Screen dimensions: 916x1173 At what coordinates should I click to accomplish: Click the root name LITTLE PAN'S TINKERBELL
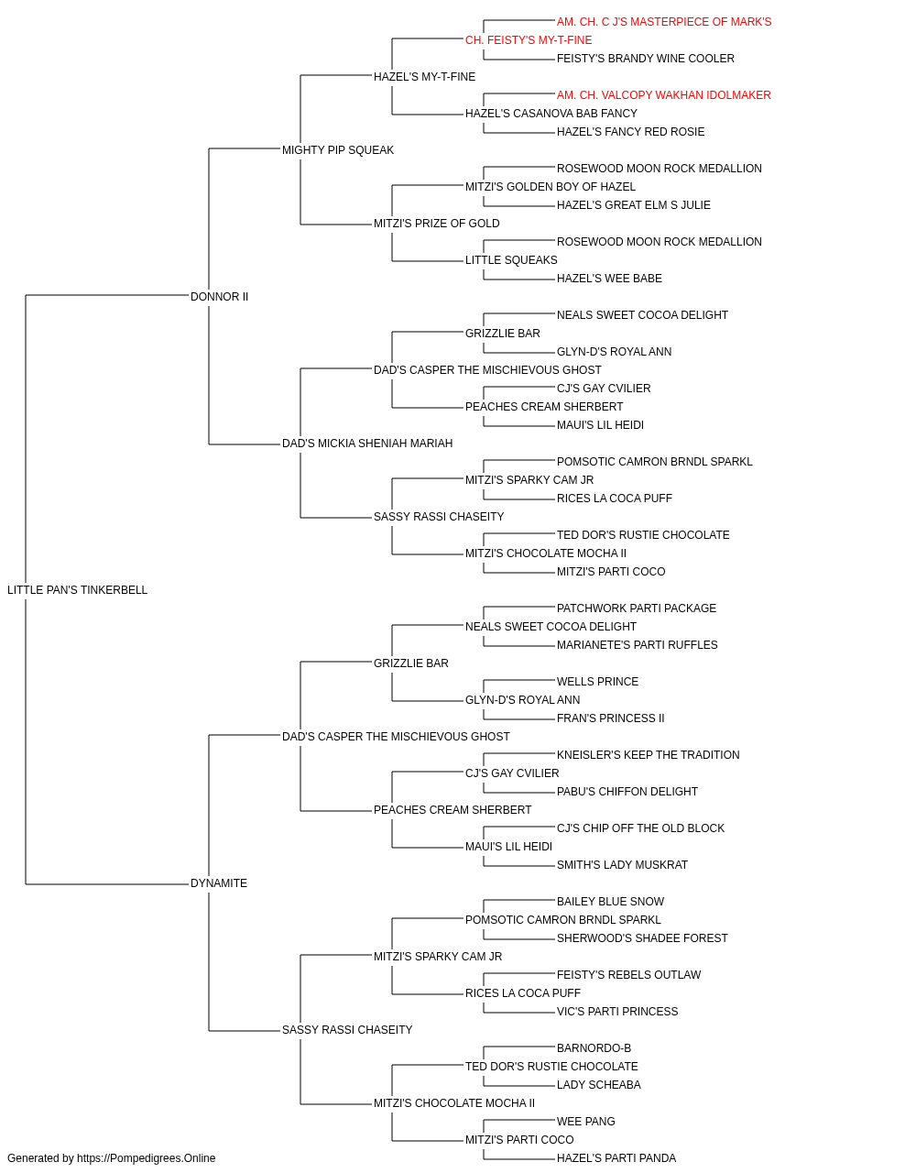[77, 589]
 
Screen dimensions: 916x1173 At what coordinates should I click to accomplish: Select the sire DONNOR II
[219, 296]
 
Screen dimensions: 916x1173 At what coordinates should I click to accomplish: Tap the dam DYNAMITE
[219, 883]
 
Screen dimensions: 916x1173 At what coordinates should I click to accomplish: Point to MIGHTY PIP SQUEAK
[338, 149]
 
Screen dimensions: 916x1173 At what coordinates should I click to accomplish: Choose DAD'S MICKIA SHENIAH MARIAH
[367, 444]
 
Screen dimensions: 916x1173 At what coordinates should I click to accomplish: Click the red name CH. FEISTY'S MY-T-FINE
[529, 40]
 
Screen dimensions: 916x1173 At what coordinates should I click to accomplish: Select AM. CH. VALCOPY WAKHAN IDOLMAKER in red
[663, 95]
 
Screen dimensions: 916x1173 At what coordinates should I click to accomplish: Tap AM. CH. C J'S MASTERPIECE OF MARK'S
[664, 22]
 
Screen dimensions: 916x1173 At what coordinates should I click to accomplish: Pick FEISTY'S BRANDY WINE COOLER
[645, 59]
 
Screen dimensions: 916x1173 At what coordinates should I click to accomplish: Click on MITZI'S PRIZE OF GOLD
[436, 223]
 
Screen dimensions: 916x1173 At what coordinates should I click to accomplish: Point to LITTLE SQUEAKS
[511, 259]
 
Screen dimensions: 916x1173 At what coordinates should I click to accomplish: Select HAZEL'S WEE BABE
[609, 278]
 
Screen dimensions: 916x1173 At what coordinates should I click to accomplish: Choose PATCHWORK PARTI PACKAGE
[637, 608]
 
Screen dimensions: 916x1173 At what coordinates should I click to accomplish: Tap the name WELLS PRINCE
[597, 681]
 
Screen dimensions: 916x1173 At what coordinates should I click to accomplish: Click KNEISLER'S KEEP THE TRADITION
[648, 754]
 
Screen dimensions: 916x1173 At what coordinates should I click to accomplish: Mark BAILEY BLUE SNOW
[610, 902]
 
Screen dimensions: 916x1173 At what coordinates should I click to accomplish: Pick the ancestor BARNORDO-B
[594, 1048]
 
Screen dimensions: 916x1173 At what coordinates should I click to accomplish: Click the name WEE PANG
[586, 1122]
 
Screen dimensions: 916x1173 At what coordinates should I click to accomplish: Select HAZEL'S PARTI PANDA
[616, 1158]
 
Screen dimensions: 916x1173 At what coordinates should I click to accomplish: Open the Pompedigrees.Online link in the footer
[146, 1158]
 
